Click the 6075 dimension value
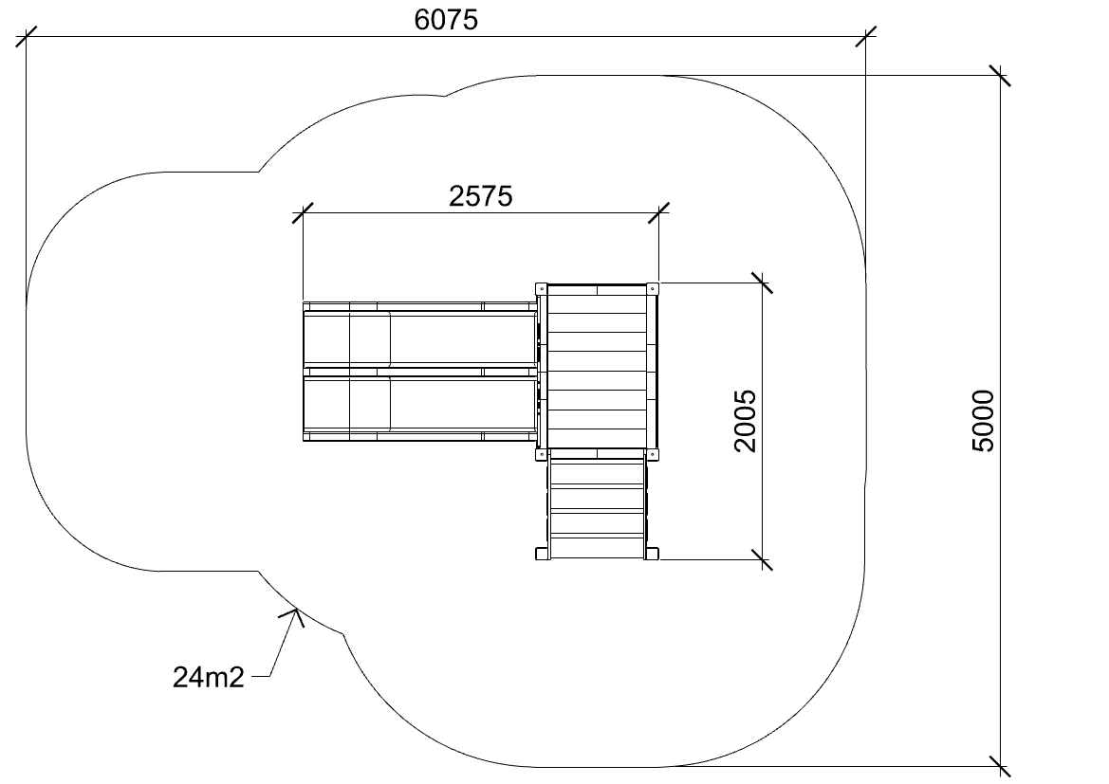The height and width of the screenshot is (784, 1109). coord(446,20)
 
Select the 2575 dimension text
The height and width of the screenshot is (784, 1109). coord(481,196)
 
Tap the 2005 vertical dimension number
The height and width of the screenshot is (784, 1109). coord(746,421)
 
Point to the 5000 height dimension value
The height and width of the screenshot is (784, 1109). coord(983,421)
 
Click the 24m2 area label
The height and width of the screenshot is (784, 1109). coord(209,677)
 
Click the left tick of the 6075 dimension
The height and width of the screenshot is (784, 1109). coord(27,37)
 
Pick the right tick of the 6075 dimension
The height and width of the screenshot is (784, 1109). coord(866,37)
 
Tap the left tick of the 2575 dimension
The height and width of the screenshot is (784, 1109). coord(303,212)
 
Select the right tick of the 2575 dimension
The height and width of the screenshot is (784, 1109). coord(658,212)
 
